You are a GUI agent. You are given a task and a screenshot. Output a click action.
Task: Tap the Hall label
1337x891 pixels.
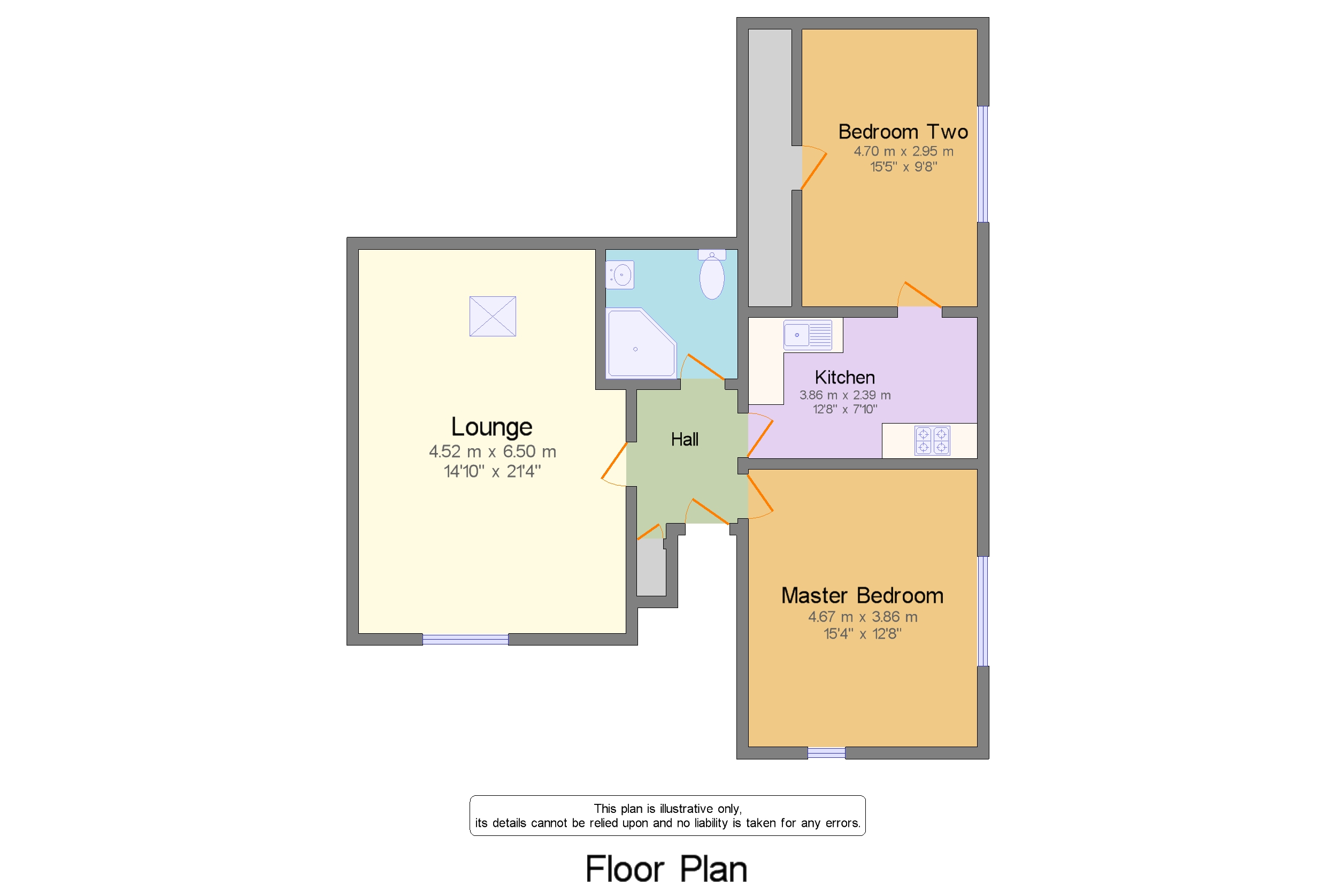684,439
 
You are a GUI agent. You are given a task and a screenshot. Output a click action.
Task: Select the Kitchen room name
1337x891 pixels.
844,378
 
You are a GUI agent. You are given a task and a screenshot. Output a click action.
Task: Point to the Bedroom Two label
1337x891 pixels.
903,132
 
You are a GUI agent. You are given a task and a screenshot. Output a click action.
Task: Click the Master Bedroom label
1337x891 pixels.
862,596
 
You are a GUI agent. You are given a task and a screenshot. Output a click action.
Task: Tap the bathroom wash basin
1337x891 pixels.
619,275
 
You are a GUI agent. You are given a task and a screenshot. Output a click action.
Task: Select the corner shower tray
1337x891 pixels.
641,343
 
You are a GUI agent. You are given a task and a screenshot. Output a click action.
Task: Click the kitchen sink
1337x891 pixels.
808,335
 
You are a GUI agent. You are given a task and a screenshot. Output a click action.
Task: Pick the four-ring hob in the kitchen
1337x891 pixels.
932,440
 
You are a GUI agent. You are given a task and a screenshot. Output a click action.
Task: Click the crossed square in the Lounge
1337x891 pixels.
492,316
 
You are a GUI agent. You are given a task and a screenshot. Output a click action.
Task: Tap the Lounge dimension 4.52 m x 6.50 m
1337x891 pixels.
492,451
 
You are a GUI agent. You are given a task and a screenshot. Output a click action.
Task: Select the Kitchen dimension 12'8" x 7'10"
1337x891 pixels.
844,409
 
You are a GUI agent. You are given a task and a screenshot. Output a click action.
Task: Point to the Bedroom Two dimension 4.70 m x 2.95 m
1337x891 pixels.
903,151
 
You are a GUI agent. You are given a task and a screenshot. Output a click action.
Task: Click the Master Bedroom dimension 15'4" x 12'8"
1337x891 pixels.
862,634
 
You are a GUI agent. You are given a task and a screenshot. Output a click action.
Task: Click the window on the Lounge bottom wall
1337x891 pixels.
465,639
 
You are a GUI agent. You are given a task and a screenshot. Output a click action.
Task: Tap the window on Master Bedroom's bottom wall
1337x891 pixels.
826,753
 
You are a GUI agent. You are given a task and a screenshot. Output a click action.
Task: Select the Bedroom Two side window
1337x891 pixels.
983,164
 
